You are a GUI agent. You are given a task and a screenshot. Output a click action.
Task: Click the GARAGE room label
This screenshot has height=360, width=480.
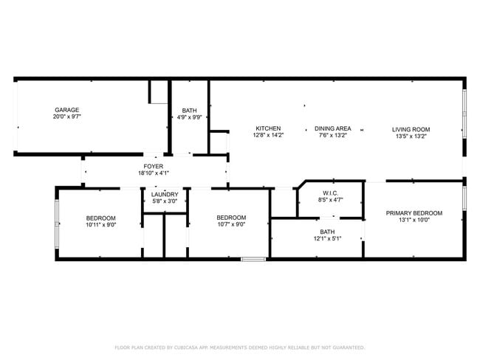66,110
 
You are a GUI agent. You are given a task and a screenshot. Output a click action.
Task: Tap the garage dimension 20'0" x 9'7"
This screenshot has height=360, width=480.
66,117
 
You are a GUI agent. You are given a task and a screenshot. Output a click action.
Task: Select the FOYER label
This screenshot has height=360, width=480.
154,166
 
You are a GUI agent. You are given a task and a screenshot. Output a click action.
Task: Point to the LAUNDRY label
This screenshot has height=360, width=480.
165,195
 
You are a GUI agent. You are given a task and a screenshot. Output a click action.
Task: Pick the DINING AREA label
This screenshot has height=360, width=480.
332,128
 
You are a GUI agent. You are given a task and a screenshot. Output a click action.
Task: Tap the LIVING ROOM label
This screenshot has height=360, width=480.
411,129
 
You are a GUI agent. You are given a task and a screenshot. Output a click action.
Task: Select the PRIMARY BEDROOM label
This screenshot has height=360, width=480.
414,213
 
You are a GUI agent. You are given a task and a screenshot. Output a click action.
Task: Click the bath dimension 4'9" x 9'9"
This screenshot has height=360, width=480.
190,117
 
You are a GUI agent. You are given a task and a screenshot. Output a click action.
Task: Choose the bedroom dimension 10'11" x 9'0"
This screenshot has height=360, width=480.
100,225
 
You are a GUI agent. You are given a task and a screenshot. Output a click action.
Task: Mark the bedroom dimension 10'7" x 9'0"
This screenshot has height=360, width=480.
231,225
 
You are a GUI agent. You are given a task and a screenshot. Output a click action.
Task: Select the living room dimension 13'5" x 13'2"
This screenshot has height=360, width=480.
411,136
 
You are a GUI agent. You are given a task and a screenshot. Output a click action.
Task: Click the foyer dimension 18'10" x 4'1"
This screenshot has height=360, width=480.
154,173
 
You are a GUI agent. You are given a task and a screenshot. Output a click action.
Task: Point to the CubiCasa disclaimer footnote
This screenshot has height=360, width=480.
240,347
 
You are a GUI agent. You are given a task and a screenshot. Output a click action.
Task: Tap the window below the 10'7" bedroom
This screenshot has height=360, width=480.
253,258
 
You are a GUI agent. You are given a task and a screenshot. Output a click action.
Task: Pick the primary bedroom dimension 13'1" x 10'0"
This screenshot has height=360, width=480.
414,221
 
